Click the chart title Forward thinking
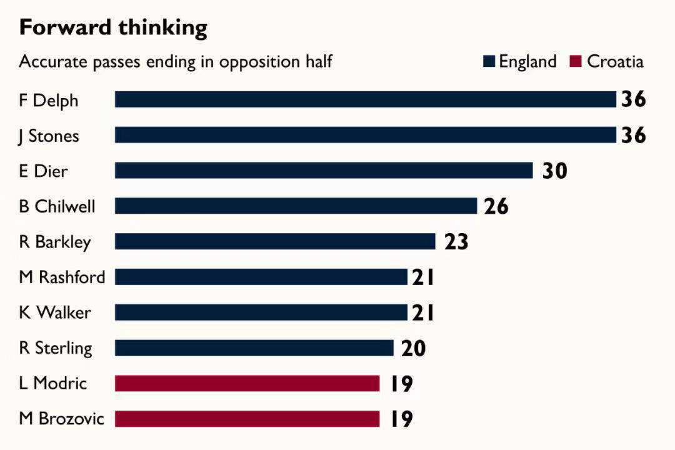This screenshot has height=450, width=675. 113,28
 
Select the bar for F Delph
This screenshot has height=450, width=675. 366,99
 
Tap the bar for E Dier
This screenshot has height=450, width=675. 324,171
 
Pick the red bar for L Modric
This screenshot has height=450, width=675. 247,383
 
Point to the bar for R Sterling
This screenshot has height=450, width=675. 254,348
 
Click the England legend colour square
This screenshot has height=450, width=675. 489,61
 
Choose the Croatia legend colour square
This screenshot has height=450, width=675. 576,61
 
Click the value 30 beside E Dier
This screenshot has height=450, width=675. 554,171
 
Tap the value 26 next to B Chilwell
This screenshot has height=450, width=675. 496,206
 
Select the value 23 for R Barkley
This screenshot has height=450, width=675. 456,241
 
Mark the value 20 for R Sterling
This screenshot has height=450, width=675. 413,348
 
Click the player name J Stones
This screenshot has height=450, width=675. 49,136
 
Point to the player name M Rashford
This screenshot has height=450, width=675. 62,277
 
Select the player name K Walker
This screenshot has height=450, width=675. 54,312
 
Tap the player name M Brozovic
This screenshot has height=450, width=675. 61,418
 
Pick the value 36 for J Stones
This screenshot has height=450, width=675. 633,135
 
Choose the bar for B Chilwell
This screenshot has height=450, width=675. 296,206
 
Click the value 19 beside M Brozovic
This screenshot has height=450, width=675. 401,419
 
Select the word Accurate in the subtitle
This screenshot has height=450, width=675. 51,61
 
